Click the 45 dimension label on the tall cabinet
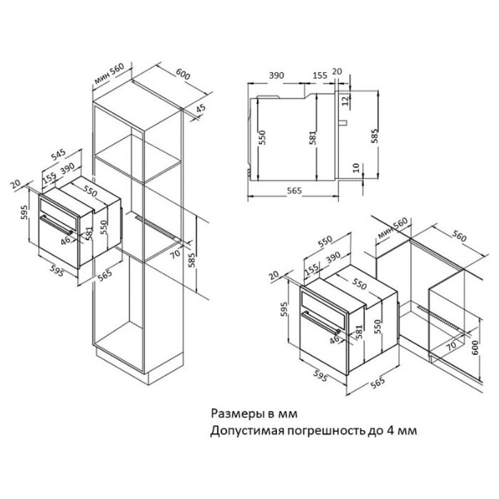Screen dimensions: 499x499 (201, 108)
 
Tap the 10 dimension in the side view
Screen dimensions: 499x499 (356, 167)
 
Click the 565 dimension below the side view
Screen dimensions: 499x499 (294, 191)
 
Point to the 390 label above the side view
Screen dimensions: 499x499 (276, 75)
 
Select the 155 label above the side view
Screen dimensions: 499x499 (320, 75)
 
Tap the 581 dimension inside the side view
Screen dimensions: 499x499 (313, 138)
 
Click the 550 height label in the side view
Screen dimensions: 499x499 (262, 138)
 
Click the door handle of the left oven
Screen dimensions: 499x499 (57, 225)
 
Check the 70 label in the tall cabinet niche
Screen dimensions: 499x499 (175, 254)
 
